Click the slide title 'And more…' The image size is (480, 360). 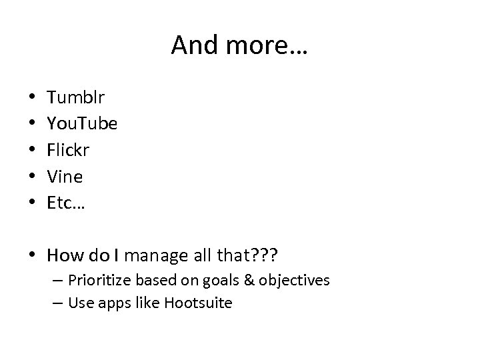239,45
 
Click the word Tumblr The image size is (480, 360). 75,98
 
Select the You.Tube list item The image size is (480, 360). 82,124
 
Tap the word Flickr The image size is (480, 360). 68,150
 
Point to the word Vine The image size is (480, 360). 65,177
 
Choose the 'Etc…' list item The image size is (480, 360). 66,203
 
